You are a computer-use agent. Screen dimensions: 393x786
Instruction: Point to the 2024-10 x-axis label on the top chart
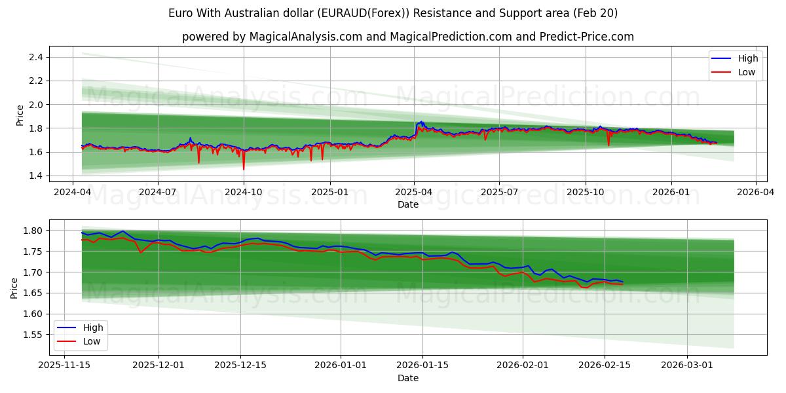tap(244, 193)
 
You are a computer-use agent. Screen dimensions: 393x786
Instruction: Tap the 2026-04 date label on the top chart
tap(756, 193)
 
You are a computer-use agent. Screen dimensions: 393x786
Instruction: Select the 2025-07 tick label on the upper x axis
tap(499, 193)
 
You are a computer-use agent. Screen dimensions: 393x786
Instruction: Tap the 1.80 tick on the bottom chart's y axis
tap(32, 231)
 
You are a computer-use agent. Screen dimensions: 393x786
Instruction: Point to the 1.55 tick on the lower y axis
tap(32, 335)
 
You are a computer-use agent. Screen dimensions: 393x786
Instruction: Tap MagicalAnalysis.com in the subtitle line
tap(306, 37)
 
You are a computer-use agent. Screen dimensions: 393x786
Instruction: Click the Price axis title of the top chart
tap(20, 116)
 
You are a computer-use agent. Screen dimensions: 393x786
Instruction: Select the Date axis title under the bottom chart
tap(407, 378)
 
